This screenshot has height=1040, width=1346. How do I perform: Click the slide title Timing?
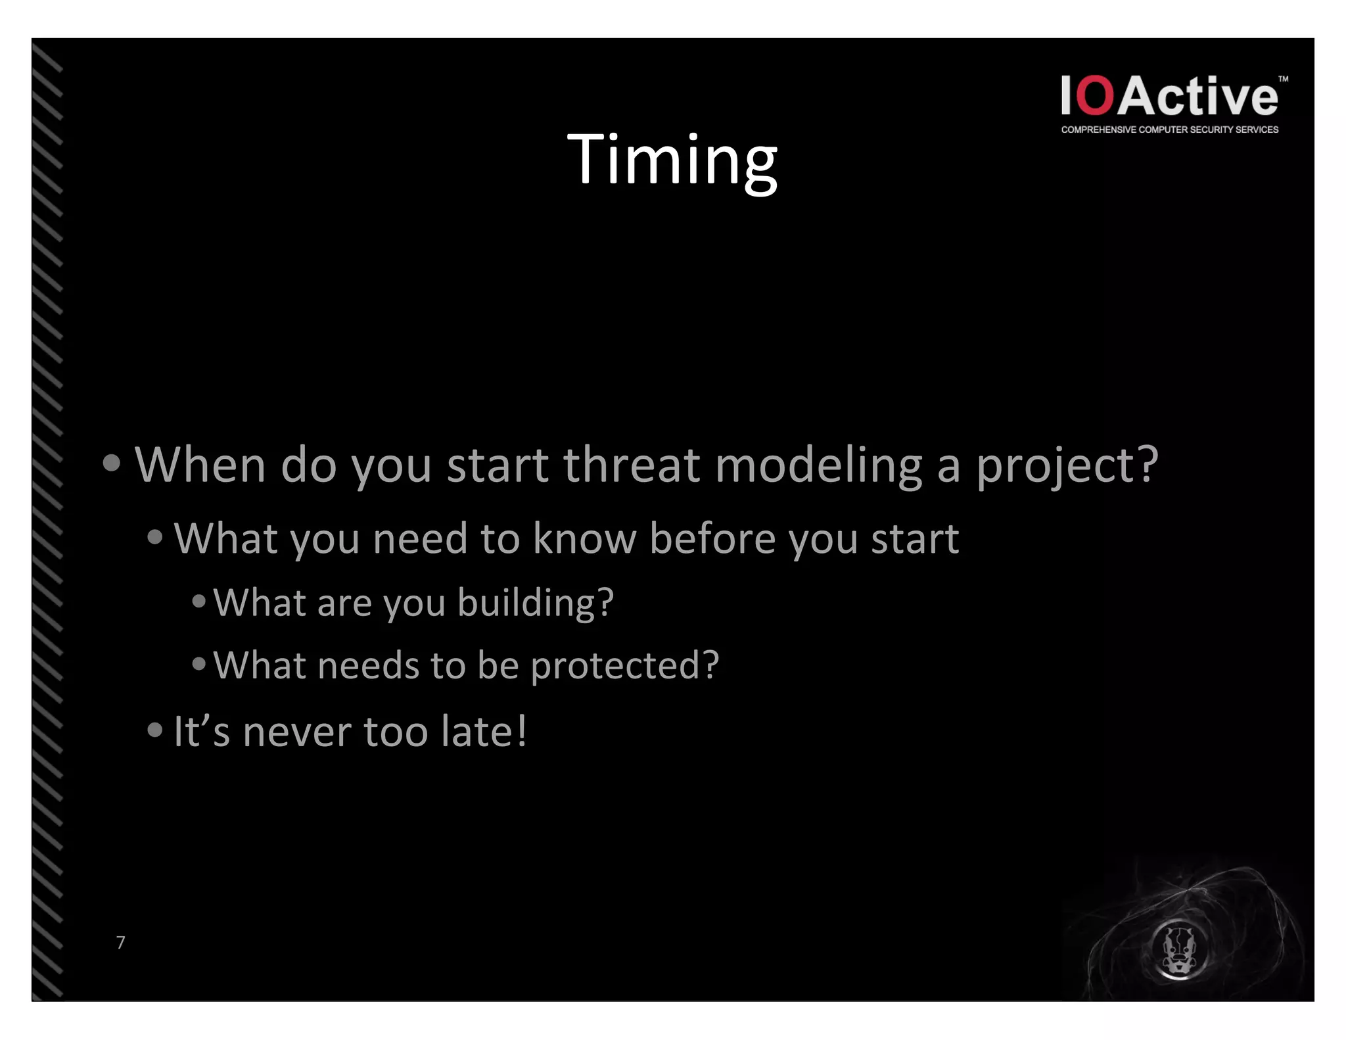coord(672,160)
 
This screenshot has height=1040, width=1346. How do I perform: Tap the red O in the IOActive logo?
coord(1096,96)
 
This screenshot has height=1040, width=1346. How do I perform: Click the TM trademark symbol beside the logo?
coord(1283,80)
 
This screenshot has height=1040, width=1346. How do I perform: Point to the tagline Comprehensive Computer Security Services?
coord(1169,130)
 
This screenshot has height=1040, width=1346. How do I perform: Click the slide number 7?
coord(120,942)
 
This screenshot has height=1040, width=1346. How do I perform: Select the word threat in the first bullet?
coord(631,464)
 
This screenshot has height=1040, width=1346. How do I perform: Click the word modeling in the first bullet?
coord(818,465)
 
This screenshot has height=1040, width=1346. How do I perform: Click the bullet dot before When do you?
coord(112,463)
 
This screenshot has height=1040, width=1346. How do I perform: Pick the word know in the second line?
coord(584,538)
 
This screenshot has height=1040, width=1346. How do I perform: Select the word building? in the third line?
coord(535,603)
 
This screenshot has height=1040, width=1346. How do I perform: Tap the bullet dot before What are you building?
coord(198,600)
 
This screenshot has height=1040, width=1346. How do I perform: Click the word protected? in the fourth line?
coord(624,665)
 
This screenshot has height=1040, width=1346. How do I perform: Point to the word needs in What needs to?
coord(368,665)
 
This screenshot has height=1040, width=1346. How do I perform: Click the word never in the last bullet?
coord(296,732)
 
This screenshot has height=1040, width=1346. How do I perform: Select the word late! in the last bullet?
coord(484,731)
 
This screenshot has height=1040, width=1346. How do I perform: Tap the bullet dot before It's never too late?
coord(154,730)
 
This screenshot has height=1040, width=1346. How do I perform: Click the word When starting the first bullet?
coord(200,464)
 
